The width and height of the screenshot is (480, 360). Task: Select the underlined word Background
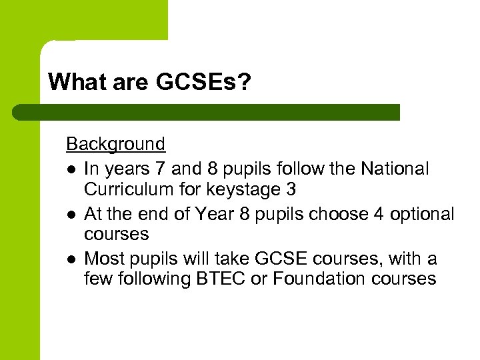pos(115,144)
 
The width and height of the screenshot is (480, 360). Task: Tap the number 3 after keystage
pos(290,190)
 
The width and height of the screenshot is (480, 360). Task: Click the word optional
pos(421,214)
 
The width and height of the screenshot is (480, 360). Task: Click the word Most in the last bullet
pos(104,259)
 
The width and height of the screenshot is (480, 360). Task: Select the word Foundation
pos(313,279)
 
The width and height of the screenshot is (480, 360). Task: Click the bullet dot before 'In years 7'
pos(71,170)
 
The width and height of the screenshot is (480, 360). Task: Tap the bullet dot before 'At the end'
pos(71,215)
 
